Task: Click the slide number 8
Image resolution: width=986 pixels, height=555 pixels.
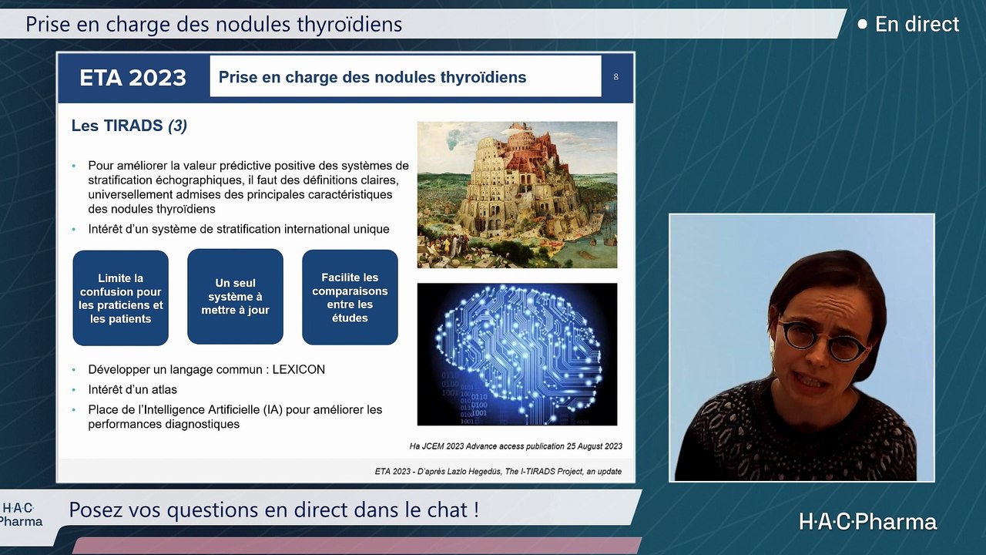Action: pyautogui.click(x=615, y=77)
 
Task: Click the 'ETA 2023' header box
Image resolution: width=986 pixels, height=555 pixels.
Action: pyautogui.click(x=133, y=78)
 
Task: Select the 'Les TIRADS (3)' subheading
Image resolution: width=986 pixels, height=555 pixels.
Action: pyautogui.click(x=129, y=126)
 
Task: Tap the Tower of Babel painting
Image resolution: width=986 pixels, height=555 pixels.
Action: pyautogui.click(x=517, y=195)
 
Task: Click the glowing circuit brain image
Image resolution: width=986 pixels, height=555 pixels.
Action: pyautogui.click(x=517, y=354)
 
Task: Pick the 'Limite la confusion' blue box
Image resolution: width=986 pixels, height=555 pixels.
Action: pyautogui.click(x=121, y=298)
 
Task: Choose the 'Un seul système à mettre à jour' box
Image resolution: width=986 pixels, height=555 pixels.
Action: pyautogui.click(x=235, y=297)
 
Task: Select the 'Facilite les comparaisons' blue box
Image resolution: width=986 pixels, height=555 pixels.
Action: pyautogui.click(x=350, y=298)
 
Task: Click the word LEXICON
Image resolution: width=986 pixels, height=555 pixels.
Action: pyautogui.click(x=298, y=369)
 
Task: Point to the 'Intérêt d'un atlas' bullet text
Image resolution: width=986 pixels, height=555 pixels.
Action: pyautogui.click(x=132, y=390)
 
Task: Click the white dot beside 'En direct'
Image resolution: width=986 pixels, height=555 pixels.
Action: pyautogui.click(x=863, y=24)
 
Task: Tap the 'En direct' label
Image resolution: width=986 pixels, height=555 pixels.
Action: pyautogui.click(x=917, y=24)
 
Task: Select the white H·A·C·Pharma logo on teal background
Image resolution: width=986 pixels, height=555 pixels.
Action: pyautogui.click(x=867, y=522)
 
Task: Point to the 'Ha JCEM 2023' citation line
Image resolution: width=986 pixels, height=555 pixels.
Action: pyautogui.click(x=516, y=446)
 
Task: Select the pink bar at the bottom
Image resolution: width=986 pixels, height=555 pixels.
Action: pyautogui.click(x=357, y=546)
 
